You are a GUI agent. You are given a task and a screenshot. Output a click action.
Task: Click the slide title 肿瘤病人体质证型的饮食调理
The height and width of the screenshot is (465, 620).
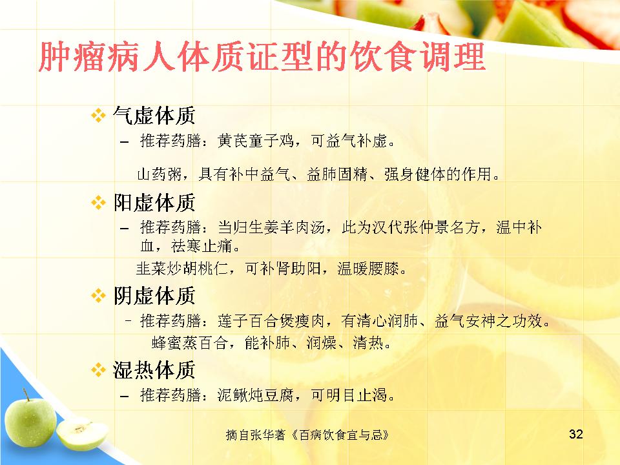pyautogui.click(x=262, y=57)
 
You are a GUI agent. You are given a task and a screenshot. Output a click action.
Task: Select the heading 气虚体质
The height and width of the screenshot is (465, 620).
pyautogui.click(x=154, y=116)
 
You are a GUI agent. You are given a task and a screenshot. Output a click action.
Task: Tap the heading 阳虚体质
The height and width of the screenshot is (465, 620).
pyautogui.click(x=154, y=202)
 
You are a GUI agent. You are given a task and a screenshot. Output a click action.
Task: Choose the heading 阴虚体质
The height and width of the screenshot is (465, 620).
pyautogui.click(x=154, y=296)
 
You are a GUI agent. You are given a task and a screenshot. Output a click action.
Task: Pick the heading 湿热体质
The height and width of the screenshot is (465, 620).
pyautogui.click(x=154, y=370)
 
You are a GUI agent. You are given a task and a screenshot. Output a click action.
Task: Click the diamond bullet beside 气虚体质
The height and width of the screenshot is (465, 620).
pyautogui.click(x=98, y=116)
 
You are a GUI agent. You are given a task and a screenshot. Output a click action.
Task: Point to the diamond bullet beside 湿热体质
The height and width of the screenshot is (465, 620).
pyautogui.click(x=98, y=370)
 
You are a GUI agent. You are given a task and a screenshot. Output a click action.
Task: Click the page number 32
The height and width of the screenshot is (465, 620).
pyautogui.click(x=575, y=434)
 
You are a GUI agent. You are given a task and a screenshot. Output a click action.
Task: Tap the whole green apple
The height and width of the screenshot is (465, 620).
pyautogui.click(x=30, y=420)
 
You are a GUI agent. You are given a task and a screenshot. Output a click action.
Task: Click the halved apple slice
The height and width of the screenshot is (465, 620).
pyautogui.click(x=82, y=434)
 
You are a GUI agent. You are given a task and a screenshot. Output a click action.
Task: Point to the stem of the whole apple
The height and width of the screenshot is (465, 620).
pyautogui.click(x=26, y=394)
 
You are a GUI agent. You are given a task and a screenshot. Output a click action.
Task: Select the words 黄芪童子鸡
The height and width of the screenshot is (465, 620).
pyautogui.click(x=256, y=141)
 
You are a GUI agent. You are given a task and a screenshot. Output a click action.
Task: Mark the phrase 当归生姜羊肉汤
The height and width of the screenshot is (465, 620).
pyautogui.click(x=271, y=227)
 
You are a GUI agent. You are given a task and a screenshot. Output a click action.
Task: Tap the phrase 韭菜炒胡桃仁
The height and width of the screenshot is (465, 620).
pyautogui.click(x=182, y=269)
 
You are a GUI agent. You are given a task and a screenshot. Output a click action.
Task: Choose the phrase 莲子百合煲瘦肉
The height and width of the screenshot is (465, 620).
pyautogui.click(x=271, y=321)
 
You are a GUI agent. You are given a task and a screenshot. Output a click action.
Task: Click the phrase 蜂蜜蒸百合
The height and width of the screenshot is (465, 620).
pyautogui.click(x=189, y=343)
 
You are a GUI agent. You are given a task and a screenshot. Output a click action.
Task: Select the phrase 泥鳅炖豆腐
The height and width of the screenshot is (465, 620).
pyautogui.click(x=256, y=395)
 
